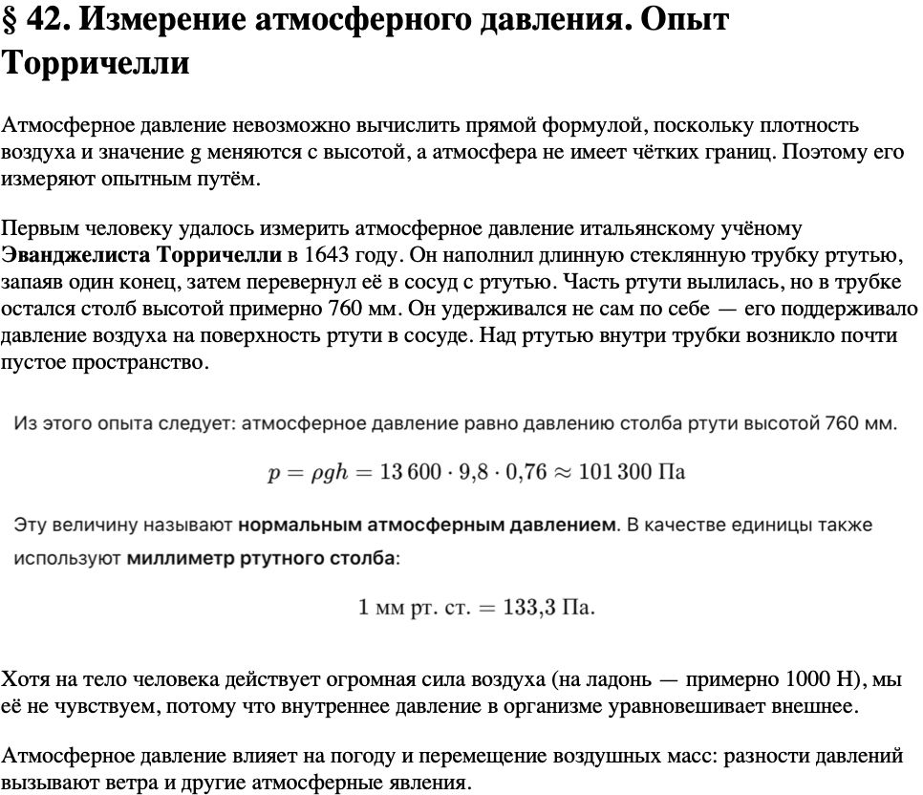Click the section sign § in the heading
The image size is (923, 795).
(11, 21)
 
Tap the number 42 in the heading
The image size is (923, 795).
(46, 21)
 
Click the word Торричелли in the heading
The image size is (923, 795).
(96, 63)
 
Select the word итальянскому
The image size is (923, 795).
(660, 229)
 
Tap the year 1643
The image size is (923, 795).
(326, 256)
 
